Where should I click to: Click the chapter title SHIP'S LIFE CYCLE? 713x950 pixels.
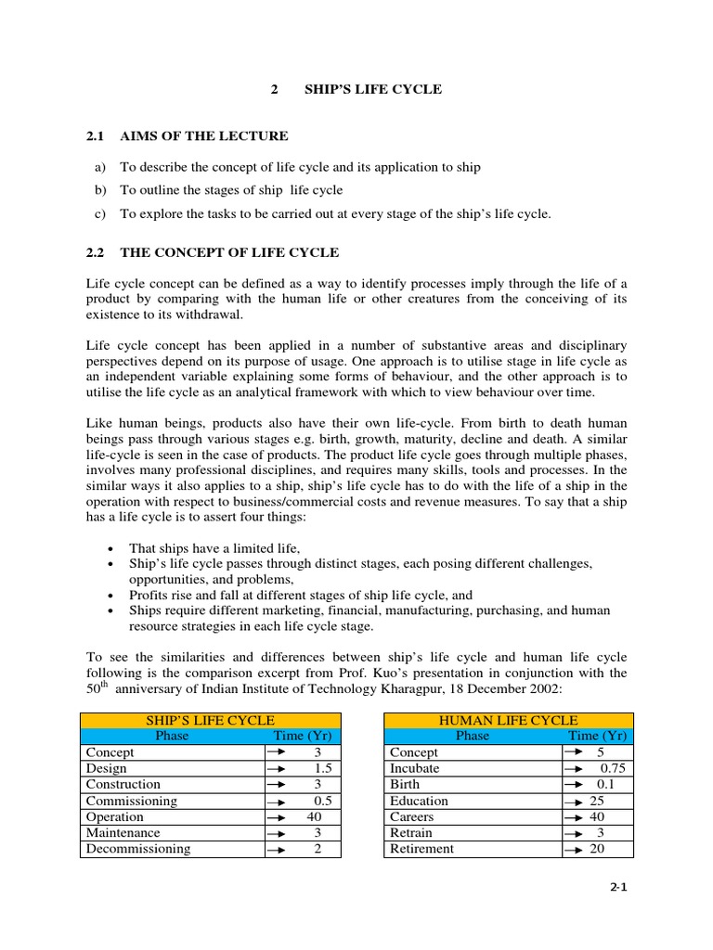tap(373, 90)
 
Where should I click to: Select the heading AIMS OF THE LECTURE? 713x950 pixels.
tap(204, 136)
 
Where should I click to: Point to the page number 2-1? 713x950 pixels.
tap(618, 887)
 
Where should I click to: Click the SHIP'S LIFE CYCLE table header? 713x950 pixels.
tap(210, 720)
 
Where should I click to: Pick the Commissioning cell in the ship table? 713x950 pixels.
tap(132, 801)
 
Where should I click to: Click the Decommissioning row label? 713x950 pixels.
tap(138, 849)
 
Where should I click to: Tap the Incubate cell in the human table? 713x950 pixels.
tap(415, 768)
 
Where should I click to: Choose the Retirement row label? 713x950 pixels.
tap(421, 849)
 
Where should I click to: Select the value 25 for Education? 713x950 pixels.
tap(599, 801)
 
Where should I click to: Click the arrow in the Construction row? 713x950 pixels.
tap(276, 785)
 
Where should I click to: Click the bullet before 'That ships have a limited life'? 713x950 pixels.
tap(110, 548)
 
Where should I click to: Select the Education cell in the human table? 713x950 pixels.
tap(419, 801)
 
